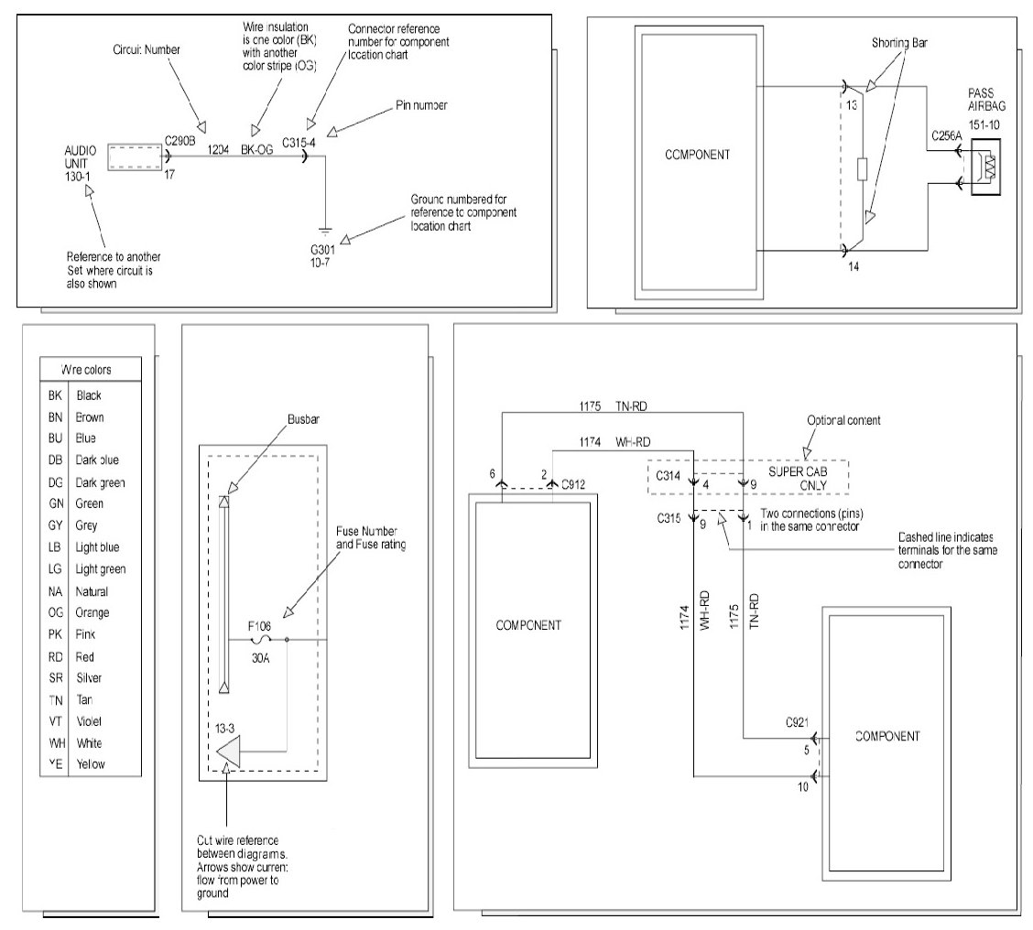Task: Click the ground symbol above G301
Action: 322,231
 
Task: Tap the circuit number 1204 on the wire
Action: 219,147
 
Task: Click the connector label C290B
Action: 180,140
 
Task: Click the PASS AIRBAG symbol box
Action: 986,168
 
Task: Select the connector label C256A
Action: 946,136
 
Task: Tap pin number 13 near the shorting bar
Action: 854,105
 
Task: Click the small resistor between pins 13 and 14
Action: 862,169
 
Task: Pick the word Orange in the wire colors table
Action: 92,612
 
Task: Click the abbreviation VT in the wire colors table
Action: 55,720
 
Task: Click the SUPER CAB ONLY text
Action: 795,476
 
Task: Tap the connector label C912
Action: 573,482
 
